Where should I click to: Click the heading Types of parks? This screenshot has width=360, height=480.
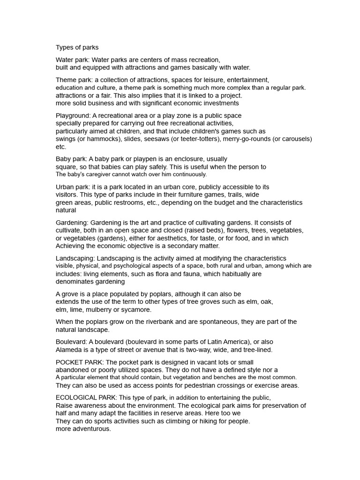pyautogui.click(x=77, y=47)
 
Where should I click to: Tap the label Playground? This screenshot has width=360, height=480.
pyautogui.click(x=73, y=115)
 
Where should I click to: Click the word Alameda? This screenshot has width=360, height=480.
pyautogui.click(x=70, y=350)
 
